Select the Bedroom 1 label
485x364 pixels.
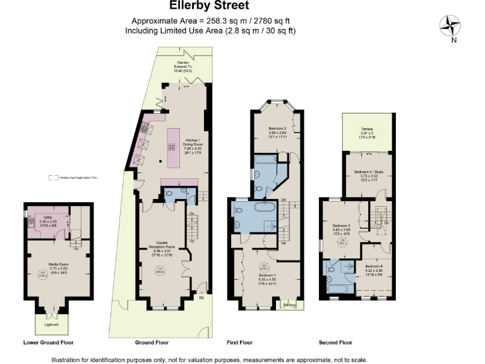coord(264,275)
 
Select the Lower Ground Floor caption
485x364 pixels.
coord(49,343)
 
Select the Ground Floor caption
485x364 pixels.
coord(152,343)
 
